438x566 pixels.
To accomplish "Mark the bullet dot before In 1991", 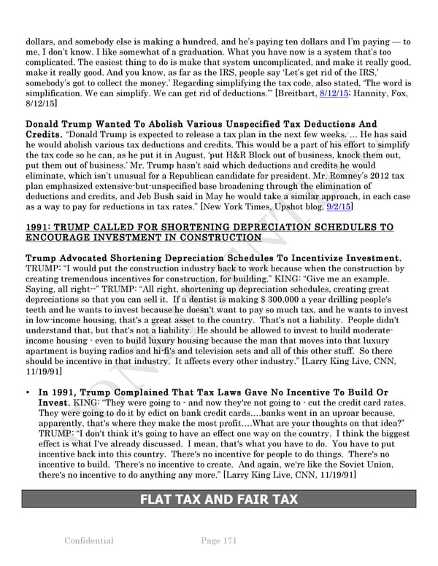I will [x=28, y=392].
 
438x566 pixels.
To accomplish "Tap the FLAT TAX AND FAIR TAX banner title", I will [x=218, y=500].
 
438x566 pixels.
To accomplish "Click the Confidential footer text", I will [x=88, y=540].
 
